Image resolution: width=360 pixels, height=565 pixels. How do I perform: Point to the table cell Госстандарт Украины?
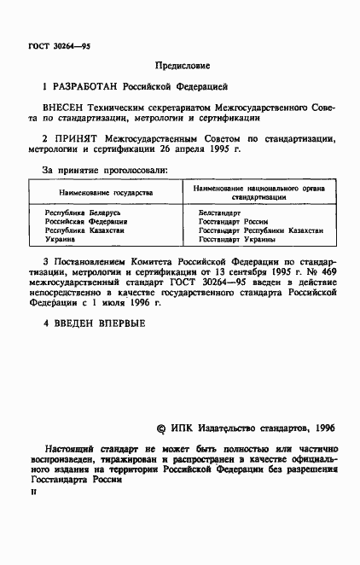click(x=236, y=240)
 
